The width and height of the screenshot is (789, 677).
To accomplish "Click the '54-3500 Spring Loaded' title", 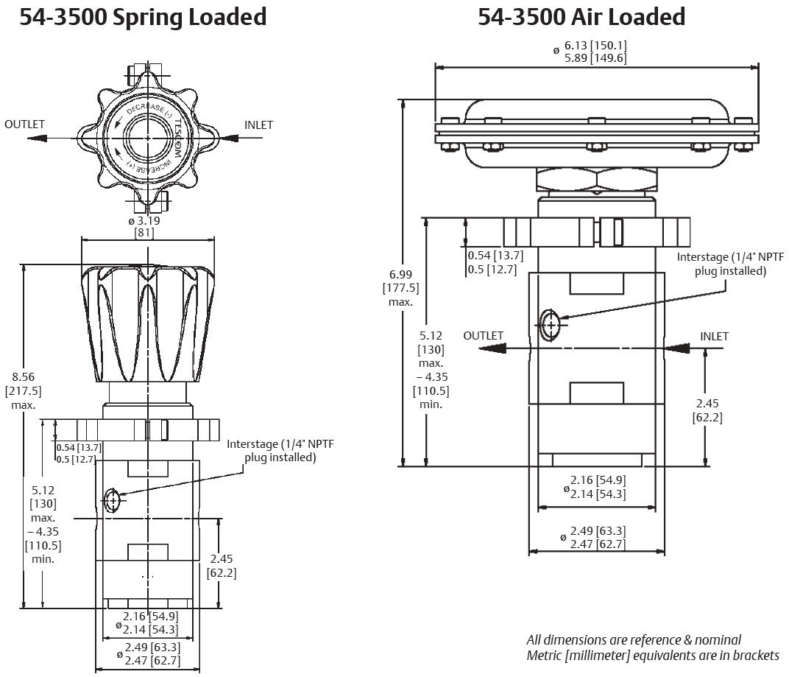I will pos(143,17).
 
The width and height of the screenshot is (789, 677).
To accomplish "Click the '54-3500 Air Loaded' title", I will pos(581,17).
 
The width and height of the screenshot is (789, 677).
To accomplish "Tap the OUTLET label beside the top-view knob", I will pos(25,124).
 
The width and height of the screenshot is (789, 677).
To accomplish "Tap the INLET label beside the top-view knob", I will pos(258,125).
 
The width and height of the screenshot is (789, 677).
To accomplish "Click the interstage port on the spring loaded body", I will pos(112,500).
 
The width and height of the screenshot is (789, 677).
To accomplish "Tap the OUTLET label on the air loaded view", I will pos(483,336).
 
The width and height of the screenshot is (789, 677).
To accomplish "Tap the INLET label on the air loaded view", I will pos(714,337).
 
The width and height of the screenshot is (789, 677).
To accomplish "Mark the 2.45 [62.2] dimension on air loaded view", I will pos(707,410).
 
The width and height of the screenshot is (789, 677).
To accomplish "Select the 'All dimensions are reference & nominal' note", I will pos(634,639).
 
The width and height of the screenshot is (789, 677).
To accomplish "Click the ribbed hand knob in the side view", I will pos(147,324).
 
